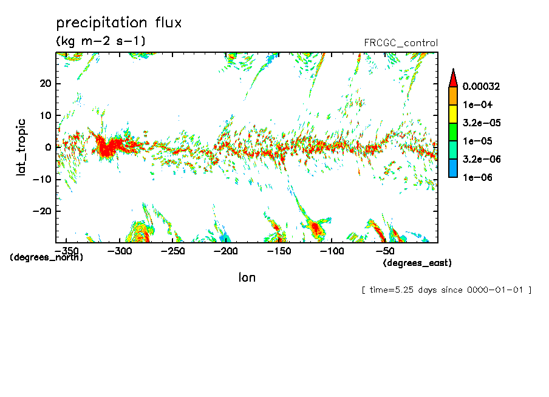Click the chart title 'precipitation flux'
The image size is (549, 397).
coord(119,23)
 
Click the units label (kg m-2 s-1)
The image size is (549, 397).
coord(100,41)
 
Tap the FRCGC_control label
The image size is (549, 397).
coord(400,42)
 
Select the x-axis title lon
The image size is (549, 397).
coord(247,278)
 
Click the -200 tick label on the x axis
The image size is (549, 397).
coord(225,251)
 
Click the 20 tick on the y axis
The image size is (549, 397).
coord(46,83)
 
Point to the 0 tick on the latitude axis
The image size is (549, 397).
coord(49,147)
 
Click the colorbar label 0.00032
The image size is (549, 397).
coord(480,86)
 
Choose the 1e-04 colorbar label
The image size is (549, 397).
coord(476,104)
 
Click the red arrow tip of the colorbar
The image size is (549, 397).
coord(452,78)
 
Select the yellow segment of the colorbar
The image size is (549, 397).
coord(452,114)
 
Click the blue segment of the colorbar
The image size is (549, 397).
coord(452,168)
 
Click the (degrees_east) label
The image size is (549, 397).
coord(417,263)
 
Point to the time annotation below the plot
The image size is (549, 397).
coord(446,290)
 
